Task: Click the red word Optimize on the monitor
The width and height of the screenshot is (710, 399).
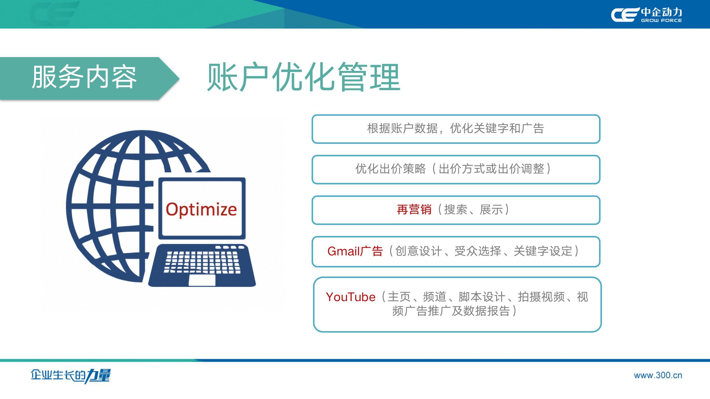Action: pos(201,209)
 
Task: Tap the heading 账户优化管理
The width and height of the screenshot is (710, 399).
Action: pos(304,77)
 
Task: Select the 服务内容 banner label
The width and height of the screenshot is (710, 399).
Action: pos(84,77)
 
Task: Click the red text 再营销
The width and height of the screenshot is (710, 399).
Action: pos(414,209)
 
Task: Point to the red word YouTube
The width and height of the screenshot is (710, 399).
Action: pos(351,297)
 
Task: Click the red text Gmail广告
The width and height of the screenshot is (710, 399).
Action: pos(355,251)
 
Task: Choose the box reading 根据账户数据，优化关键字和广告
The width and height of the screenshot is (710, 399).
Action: pos(456,129)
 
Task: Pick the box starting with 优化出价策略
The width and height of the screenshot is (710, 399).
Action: pos(456,170)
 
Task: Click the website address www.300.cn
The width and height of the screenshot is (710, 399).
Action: pos(658,375)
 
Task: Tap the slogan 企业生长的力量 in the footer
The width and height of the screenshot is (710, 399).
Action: pos(71,376)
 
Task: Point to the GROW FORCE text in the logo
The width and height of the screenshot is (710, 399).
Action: pos(661,21)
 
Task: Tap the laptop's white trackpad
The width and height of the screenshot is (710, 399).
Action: pos(202,280)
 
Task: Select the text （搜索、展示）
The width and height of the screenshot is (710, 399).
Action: pos(471,209)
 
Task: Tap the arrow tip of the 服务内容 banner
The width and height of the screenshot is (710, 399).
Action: pos(179,78)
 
